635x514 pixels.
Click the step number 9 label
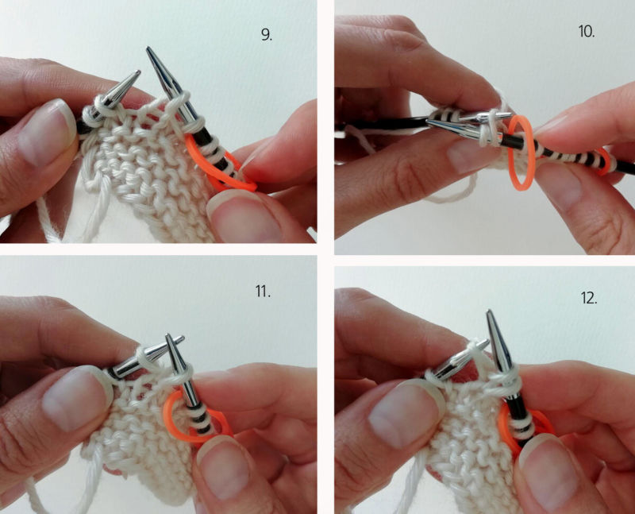(267, 35)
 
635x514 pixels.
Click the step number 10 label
(587, 31)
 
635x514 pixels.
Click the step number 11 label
(263, 291)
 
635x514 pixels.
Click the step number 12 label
(589, 299)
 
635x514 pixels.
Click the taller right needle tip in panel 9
(148, 48)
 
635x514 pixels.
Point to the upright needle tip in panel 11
(168, 335)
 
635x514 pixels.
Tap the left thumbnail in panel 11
(76, 398)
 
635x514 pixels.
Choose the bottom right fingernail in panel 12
(552, 474)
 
